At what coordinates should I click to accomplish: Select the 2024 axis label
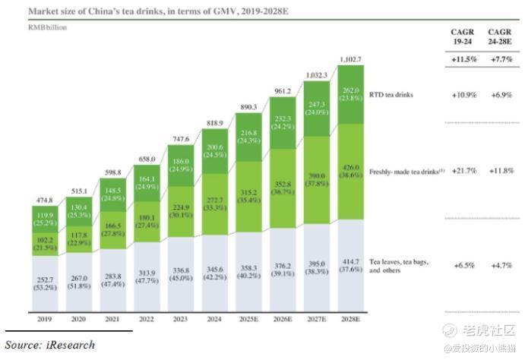click(x=215, y=320)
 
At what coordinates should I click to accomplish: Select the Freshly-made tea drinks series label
click(x=403, y=171)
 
